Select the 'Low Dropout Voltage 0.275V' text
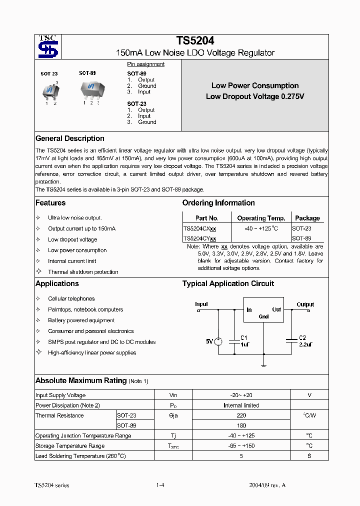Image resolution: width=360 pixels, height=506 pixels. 255,96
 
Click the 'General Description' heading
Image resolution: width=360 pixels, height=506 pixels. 70,138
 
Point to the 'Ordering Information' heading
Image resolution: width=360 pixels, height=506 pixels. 218,203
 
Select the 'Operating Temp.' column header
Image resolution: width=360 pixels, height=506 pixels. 261,218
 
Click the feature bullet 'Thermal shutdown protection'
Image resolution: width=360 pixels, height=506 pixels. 83,272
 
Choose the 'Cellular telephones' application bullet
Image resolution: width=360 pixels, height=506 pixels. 71,298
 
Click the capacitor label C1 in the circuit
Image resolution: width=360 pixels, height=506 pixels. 244,337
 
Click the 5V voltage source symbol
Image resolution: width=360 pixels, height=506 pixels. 218,341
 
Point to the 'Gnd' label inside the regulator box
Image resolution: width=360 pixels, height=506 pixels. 263,316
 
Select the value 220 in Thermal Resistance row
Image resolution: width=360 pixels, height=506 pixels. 241,415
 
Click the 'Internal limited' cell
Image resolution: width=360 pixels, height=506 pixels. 241,405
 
